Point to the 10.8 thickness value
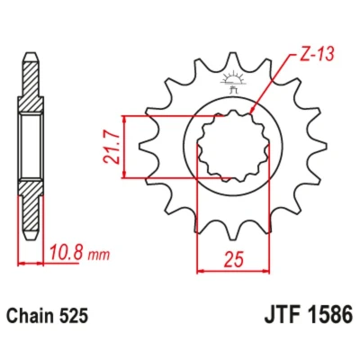point(67,253)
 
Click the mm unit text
point(99,256)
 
